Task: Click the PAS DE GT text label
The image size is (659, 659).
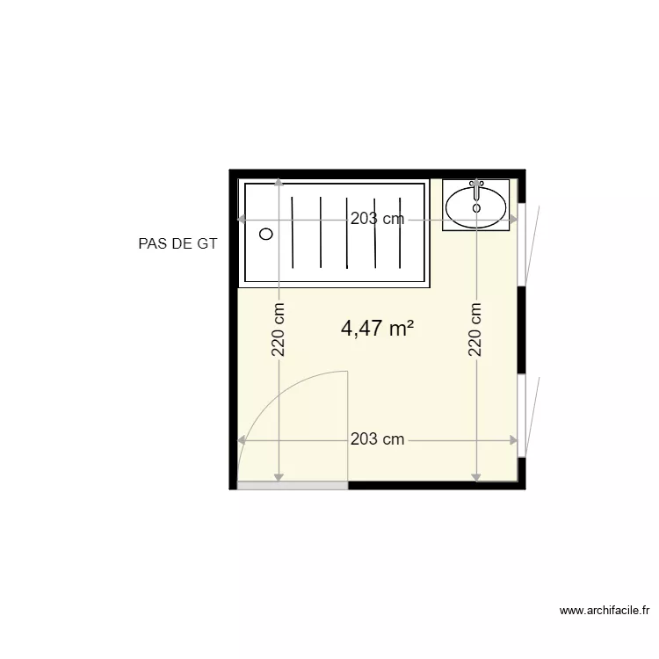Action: (x=177, y=244)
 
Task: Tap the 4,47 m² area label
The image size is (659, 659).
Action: (x=377, y=329)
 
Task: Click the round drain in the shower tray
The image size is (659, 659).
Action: (x=266, y=234)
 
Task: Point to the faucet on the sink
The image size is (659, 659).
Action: (x=476, y=188)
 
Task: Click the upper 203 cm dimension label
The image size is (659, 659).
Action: (x=377, y=220)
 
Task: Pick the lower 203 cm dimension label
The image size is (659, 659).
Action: (x=377, y=439)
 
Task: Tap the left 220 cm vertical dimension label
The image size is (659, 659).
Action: (x=279, y=329)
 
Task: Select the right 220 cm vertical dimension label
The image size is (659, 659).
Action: (x=476, y=329)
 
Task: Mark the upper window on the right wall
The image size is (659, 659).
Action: (x=522, y=244)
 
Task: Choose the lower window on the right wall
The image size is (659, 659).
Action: (x=522, y=416)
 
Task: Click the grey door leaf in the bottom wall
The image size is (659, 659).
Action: (x=293, y=485)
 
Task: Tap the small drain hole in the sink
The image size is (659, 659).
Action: (x=476, y=208)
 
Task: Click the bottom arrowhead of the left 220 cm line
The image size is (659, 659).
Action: (x=279, y=478)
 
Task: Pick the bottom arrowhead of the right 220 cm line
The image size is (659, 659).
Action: (x=476, y=478)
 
